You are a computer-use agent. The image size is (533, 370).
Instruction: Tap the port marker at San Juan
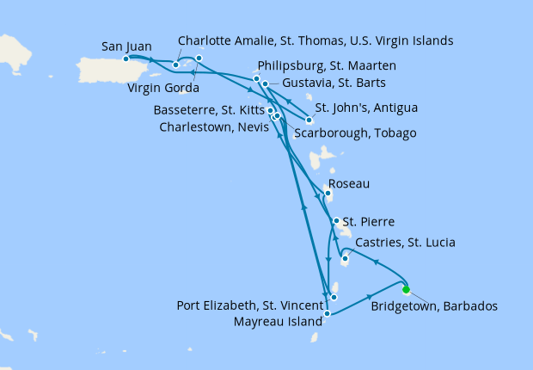click(126, 59)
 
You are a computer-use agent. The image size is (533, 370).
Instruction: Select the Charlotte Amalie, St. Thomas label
click(316, 40)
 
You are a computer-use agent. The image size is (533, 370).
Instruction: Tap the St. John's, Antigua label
click(366, 108)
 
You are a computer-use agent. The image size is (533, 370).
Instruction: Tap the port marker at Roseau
click(328, 193)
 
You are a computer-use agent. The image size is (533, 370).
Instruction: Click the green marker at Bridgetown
click(406, 289)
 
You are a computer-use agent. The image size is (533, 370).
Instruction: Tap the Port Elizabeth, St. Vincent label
click(249, 305)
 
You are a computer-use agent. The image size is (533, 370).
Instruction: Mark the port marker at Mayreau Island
click(328, 315)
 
